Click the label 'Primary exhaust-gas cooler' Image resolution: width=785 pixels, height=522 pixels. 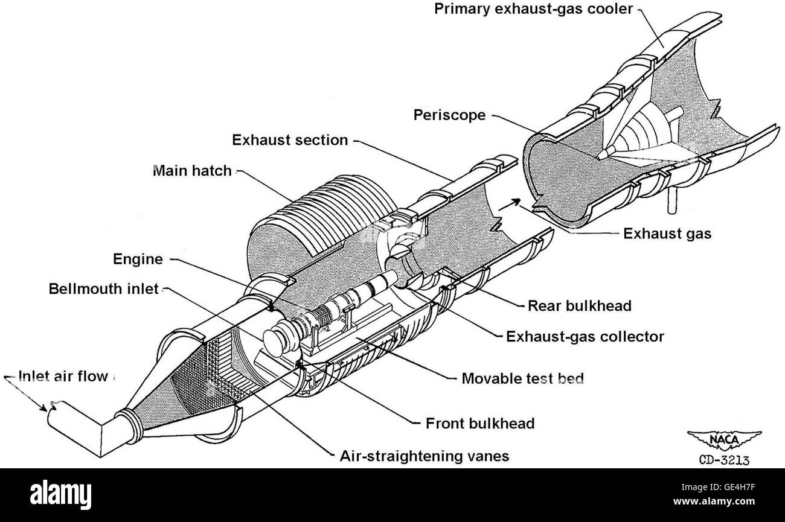[x=533, y=9]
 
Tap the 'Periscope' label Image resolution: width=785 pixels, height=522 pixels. [x=450, y=115]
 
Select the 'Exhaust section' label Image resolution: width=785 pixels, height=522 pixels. [x=290, y=140]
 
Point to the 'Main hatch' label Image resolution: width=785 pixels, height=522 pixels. [x=193, y=171]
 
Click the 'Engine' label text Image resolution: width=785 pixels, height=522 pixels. [x=138, y=259]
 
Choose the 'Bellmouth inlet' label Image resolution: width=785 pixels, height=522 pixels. [x=104, y=289]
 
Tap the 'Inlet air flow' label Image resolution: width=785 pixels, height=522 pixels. [x=63, y=376]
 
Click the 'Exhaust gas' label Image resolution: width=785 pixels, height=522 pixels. [x=667, y=234]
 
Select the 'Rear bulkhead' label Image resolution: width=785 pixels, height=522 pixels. [x=580, y=306]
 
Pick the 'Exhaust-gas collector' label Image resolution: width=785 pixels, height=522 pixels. [x=585, y=337]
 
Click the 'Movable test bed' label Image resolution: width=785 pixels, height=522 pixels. [x=522, y=379]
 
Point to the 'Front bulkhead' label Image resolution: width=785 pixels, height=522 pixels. [x=480, y=424]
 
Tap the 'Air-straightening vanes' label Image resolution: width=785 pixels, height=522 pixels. [x=425, y=456]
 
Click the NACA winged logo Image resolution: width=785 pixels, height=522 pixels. [x=724, y=440]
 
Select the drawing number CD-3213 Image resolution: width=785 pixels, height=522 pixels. [x=724, y=460]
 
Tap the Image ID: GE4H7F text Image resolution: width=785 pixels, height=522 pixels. [x=718, y=488]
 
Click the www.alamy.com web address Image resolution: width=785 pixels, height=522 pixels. [x=714, y=501]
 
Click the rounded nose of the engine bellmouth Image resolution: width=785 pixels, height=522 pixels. [x=275, y=343]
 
